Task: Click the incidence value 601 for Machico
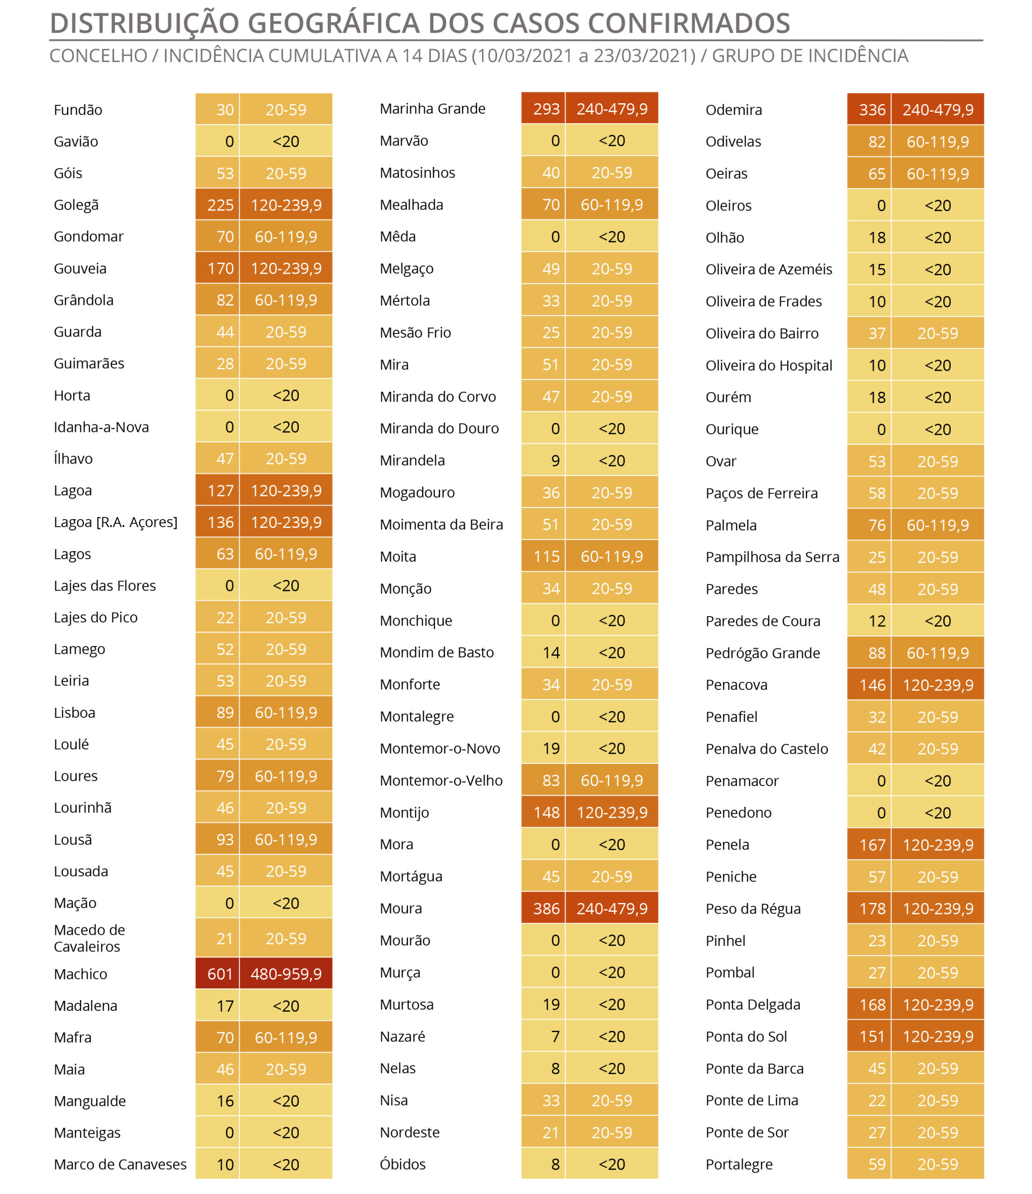click(x=220, y=974)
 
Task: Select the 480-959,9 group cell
click(x=286, y=974)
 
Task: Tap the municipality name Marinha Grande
click(x=432, y=109)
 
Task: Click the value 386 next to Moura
click(x=546, y=909)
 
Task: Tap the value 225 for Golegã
click(x=220, y=205)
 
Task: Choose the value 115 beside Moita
click(x=546, y=557)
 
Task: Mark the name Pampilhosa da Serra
click(x=772, y=557)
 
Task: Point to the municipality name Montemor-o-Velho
click(x=441, y=781)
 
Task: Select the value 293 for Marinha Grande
click(x=546, y=109)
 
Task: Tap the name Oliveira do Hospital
click(x=769, y=366)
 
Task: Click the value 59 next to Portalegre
click(x=876, y=1165)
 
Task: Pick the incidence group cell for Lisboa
click(x=286, y=713)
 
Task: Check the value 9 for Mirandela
click(x=555, y=461)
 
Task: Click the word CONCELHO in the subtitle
click(x=98, y=56)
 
